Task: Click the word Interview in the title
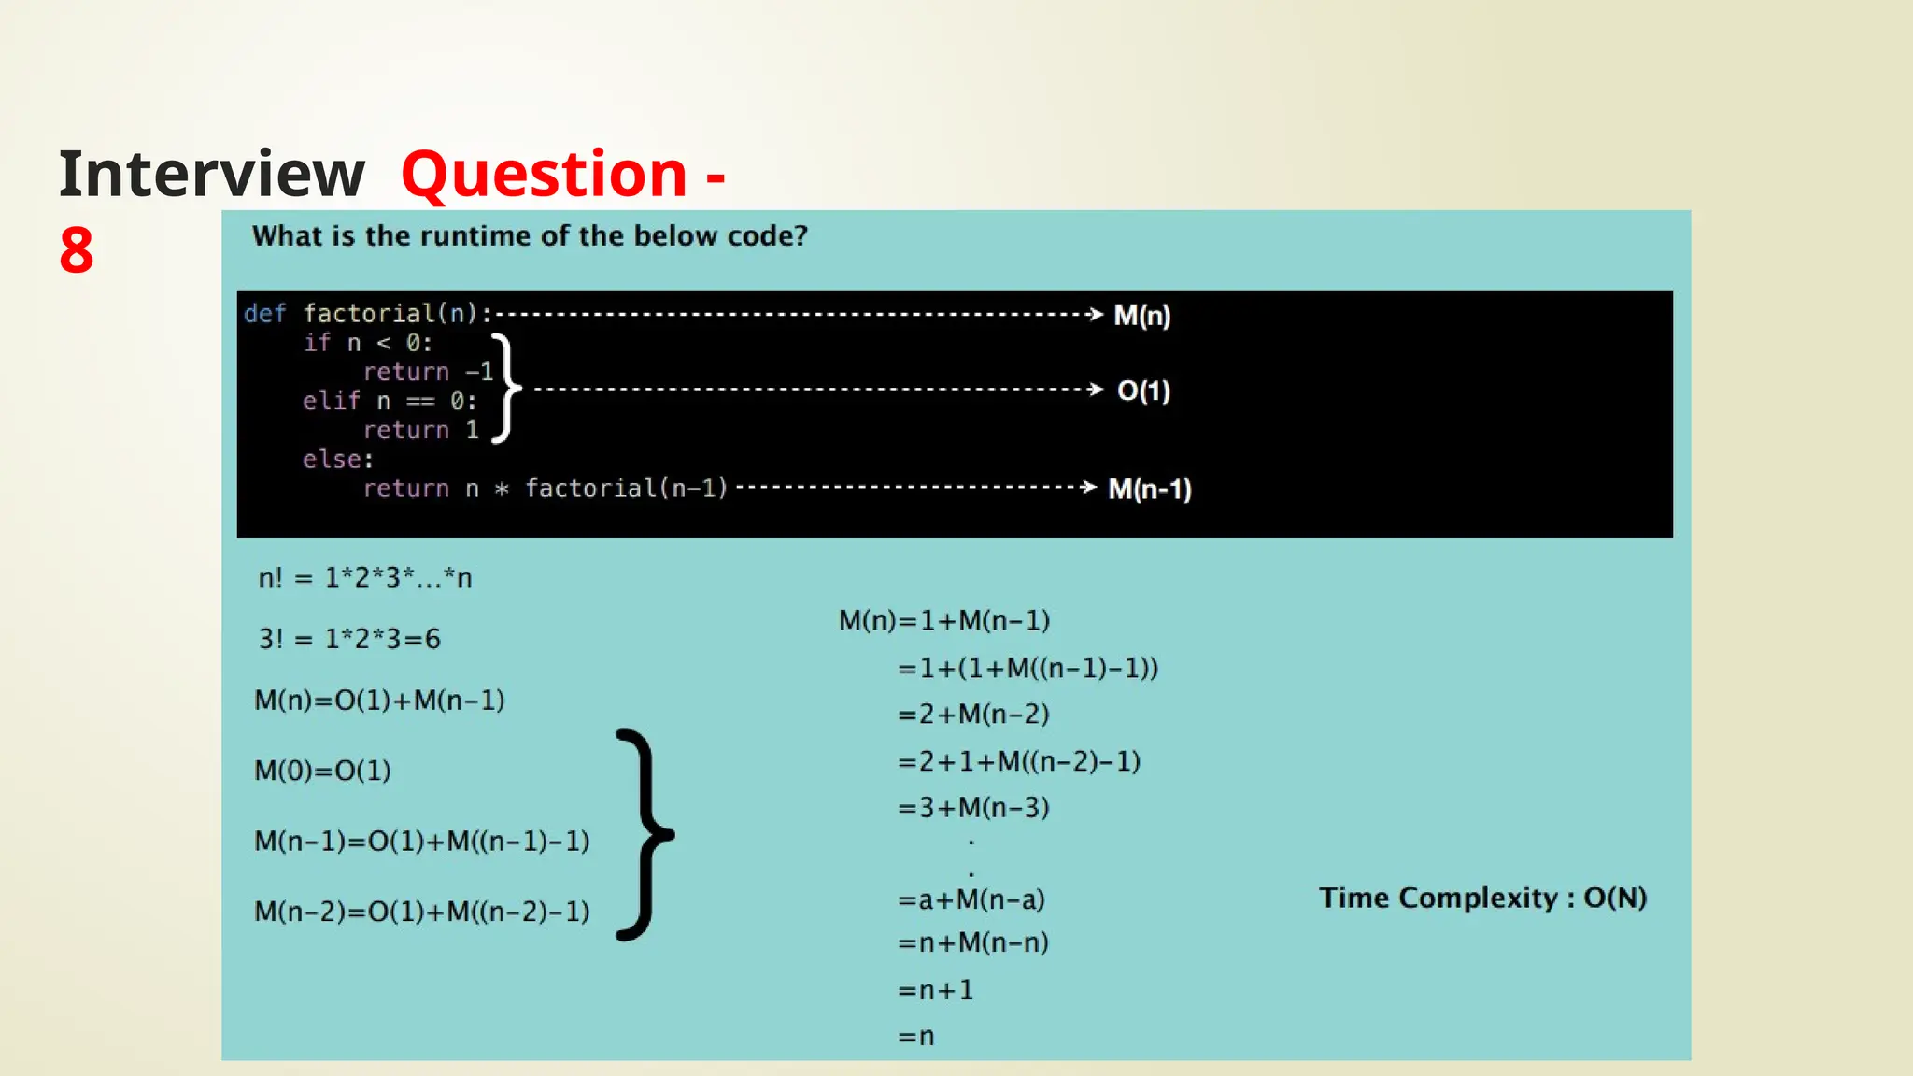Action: (x=212, y=175)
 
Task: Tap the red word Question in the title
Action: (x=544, y=175)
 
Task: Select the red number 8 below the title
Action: (x=77, y=250)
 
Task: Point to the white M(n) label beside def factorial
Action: (x=1141, y=316)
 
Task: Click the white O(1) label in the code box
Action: (x=1143, y=390)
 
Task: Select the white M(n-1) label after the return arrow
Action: (x=1149, y=488)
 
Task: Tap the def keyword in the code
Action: (x=264, y=313)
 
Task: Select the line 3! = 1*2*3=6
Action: (x=349, y=639)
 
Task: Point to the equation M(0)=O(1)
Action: (x=322, y=771)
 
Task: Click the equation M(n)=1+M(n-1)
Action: (x=943, y=620)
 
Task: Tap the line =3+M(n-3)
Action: (x=973, y=807)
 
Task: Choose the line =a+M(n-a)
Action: (x=971, y=899)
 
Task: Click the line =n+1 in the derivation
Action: (x=935, y=989)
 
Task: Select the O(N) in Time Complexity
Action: (x=1615, y=898)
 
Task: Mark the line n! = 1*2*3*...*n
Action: (x=365, y=578)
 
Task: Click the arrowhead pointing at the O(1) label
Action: (x=1096, y=389)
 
